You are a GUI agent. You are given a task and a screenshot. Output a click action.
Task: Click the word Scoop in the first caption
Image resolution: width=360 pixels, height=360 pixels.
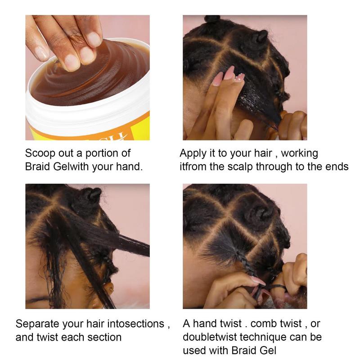(40, 153)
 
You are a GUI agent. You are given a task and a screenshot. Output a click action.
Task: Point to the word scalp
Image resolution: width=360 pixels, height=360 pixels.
(240, 167)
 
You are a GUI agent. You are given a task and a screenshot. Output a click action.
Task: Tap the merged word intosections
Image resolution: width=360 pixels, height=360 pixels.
(136, 324)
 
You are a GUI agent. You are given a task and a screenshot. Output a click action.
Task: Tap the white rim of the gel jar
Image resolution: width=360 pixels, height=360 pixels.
(87, 115)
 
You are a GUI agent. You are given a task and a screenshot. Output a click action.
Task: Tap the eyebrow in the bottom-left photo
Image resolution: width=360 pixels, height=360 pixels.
(38, 299)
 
